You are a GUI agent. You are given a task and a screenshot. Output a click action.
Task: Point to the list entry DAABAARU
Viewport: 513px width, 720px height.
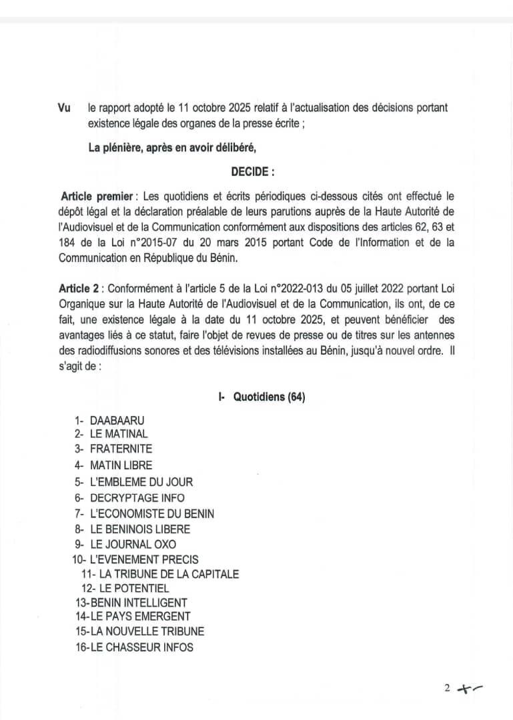[x=117, y=421]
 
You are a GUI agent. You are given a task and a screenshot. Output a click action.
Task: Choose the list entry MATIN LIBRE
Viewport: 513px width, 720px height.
[x=121, y=465]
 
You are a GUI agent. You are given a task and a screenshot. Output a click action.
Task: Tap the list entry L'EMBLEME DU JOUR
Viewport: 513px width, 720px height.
[x=141, y=482]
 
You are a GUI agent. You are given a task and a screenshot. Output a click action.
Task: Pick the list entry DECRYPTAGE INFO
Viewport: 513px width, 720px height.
[x=137, y=498]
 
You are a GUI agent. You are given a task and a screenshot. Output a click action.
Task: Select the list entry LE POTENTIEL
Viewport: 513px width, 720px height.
[x=133, y=589]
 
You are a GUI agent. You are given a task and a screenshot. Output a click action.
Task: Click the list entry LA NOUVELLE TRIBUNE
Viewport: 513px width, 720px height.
[x=147, y=631]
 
